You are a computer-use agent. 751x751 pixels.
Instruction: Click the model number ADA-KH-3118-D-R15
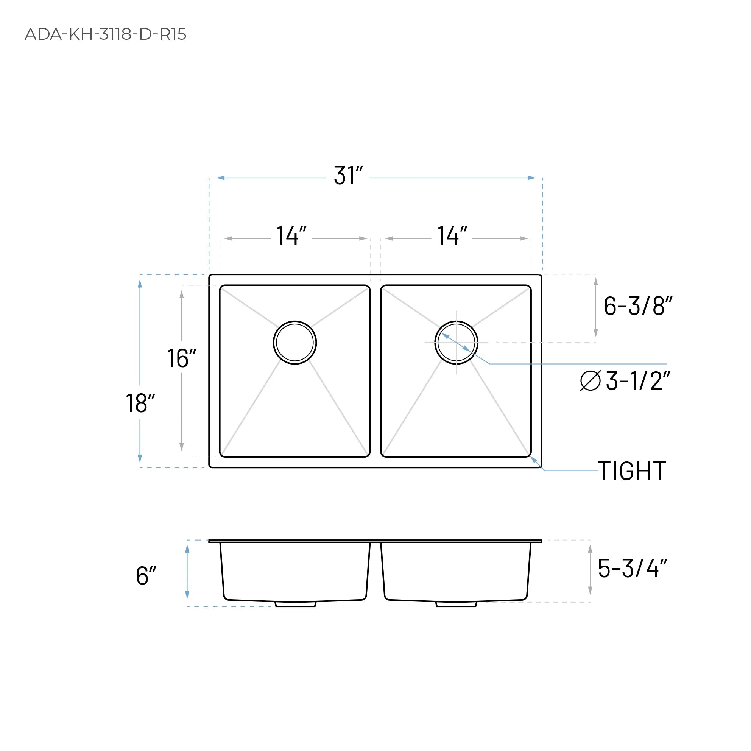(x=105, y=34)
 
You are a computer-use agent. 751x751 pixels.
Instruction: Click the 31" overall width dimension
(x=348, y=176)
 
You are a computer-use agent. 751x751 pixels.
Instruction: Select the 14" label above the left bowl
(x=291, y=235)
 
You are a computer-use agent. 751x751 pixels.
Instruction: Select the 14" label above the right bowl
(x=452, y=235)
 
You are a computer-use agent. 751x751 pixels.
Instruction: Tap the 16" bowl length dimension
(x=182, y=358)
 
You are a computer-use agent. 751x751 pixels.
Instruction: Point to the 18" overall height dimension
(x=140, y=403)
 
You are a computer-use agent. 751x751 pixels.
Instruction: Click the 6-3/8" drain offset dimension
(x=637, y=306)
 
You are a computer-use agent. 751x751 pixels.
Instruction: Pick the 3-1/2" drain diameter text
(x=638, y=381)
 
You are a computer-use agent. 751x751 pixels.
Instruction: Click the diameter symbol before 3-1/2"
(x=590, y=380)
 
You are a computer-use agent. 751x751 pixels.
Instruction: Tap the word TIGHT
(x=632, y=472)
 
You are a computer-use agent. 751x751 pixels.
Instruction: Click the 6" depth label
(x=146, y=576)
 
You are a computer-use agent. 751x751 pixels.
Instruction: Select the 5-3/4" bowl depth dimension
(x=632, y=569)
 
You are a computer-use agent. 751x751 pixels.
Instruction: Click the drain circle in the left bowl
(x=294, y=343)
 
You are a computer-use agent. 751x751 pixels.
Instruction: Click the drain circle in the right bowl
(x=456, y=343)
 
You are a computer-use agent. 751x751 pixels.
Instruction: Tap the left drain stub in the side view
(x=295, y=604)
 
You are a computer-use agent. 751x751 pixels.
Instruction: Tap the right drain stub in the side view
(x=456, y=604)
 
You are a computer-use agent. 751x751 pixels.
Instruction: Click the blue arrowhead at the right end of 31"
(x=531, y=178)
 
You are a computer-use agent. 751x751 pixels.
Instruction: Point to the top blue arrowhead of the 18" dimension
(x=140, y=284)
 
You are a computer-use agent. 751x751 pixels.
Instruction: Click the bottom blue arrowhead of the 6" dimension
(x=187, y=595)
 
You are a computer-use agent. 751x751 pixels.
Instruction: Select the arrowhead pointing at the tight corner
(x=534, y=460)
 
